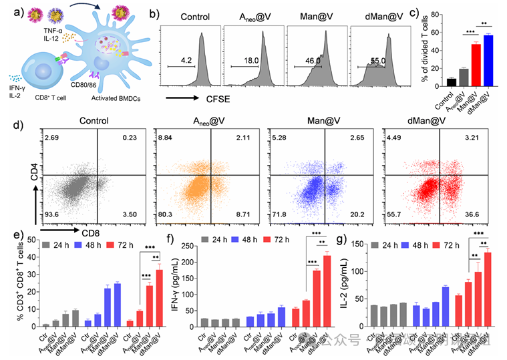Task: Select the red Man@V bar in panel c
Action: coord(476,65)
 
